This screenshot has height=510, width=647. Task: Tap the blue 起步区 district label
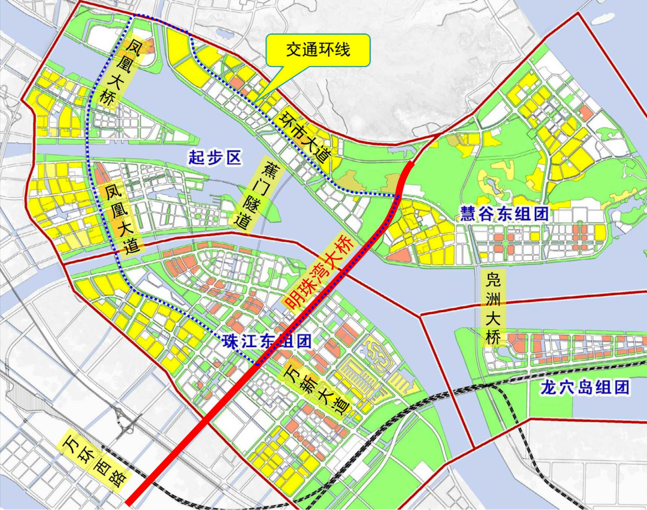tap(214, 158)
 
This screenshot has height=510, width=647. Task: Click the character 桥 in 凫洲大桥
tap(493, 337)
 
